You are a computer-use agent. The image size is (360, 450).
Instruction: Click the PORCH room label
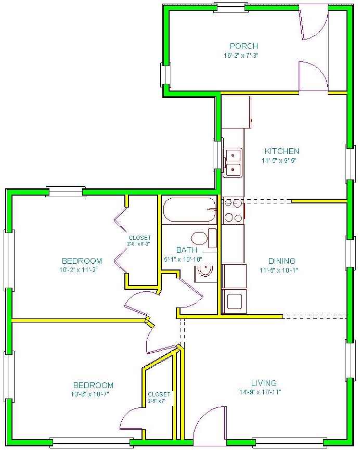tap(244, 46)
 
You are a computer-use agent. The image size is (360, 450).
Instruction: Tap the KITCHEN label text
tap(281, 151)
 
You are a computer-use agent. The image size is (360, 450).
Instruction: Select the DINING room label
tap(281, 261)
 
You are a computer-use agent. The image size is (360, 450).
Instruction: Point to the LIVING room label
tap(264, 383)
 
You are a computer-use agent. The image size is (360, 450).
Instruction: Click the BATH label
tap(187, 250)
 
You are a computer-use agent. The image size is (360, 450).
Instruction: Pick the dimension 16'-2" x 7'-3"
tap(241, 55)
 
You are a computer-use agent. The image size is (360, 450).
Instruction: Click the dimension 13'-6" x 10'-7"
tap(90, 394)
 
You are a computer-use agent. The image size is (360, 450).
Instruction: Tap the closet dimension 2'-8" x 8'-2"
tap(139, 243)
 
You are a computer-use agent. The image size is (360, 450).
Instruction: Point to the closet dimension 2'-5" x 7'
tap(157, 401)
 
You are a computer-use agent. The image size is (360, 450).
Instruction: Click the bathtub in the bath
tap(189, 210)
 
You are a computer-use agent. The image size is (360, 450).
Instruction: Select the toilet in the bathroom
tap(204, 238)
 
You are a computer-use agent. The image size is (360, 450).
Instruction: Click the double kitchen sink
tap(233, 163)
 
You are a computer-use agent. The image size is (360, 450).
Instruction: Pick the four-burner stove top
tap(233, 210)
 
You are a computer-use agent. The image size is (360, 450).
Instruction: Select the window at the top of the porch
tap(230, 8)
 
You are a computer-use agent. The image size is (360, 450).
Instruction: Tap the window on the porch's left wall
tap(165, 75)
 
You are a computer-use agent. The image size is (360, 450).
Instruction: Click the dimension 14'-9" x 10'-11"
tap(260, 392)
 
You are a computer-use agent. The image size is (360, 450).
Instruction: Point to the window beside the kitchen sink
tap(217, 155)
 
